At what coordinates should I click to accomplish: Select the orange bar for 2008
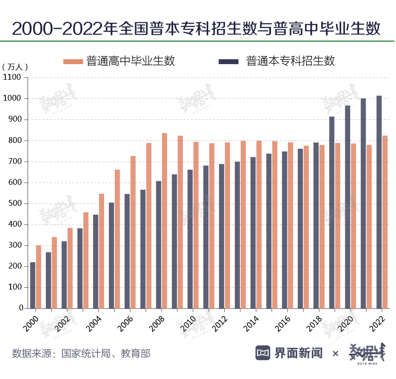165,220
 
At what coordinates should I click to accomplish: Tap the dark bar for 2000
32,285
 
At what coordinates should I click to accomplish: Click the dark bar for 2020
348,207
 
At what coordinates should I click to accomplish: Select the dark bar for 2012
222,236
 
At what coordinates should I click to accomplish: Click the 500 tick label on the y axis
15,204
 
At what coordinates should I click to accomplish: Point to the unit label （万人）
15,67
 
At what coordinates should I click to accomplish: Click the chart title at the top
196,29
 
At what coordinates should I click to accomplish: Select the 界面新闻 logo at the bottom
289,353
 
